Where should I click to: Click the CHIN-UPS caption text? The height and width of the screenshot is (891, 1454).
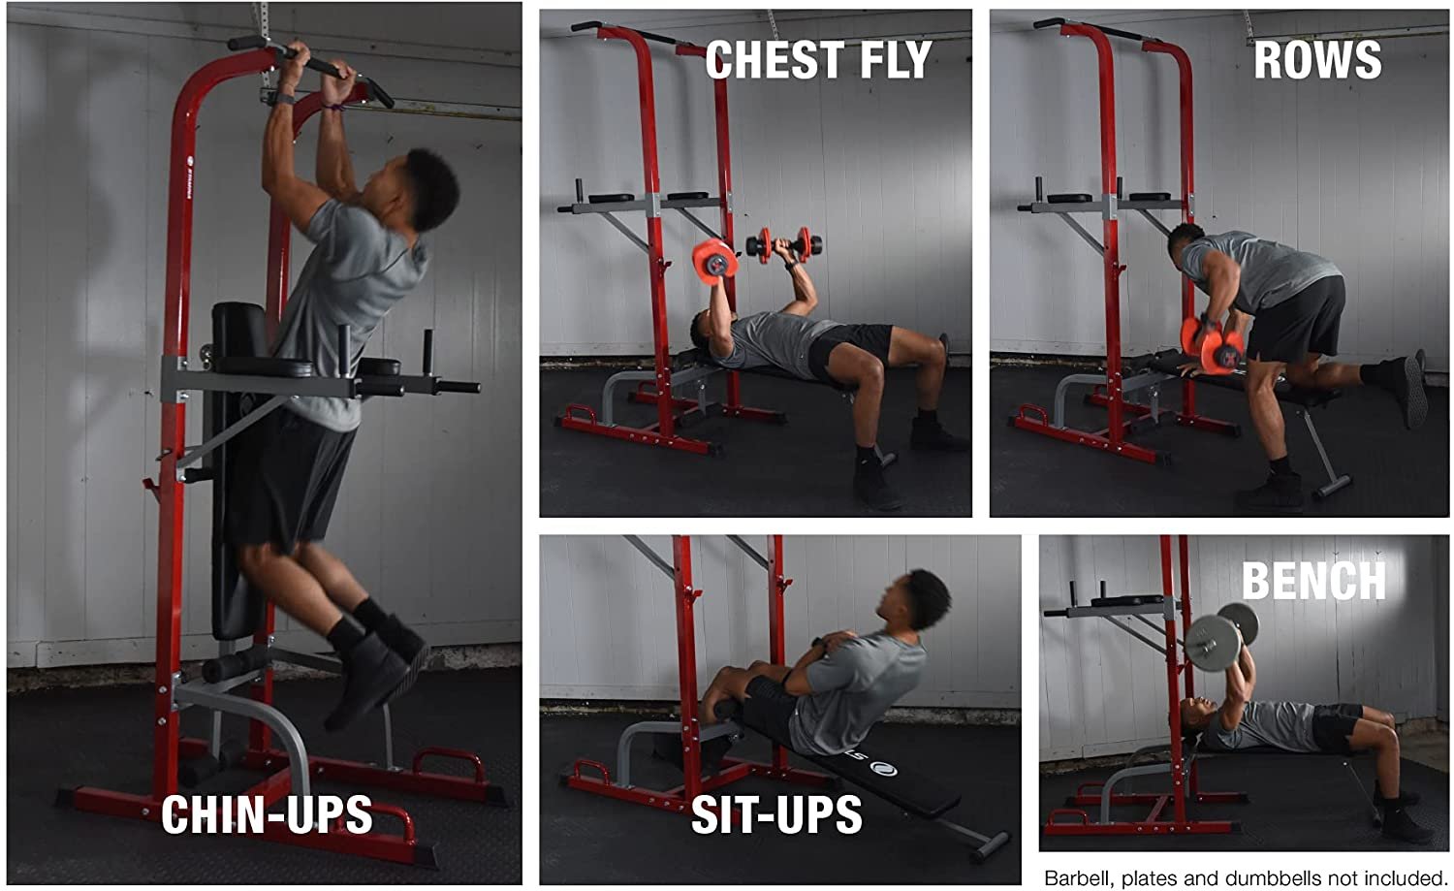coord(267,814)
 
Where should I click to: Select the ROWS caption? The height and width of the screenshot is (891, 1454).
coord(1317,60)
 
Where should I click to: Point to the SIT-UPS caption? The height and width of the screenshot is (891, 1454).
coord(777,814)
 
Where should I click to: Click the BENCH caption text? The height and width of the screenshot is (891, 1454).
coord(1313,580)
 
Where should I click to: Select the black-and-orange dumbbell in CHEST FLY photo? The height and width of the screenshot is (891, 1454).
coord(784,244)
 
